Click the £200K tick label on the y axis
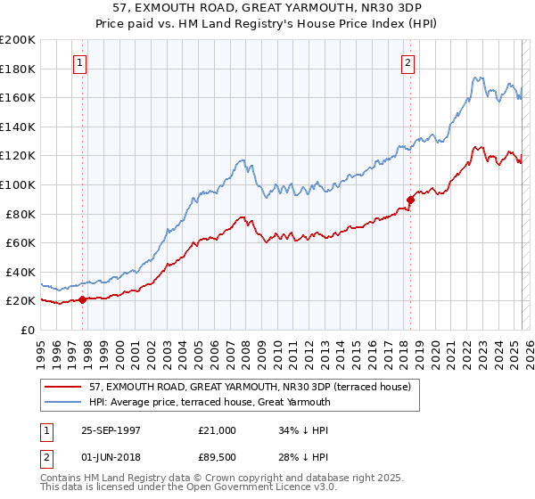pos(18,40)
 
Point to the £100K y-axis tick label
pos(18,184)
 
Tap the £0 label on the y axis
pos(26,330)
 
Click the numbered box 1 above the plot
pos(81,63)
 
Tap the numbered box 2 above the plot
pos(407,63)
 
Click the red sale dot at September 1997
pos(83,299)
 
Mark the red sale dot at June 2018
pos(410,200)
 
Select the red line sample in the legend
pos(63,387)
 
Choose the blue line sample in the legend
pos(63,402)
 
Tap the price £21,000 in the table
pos(218,430)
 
